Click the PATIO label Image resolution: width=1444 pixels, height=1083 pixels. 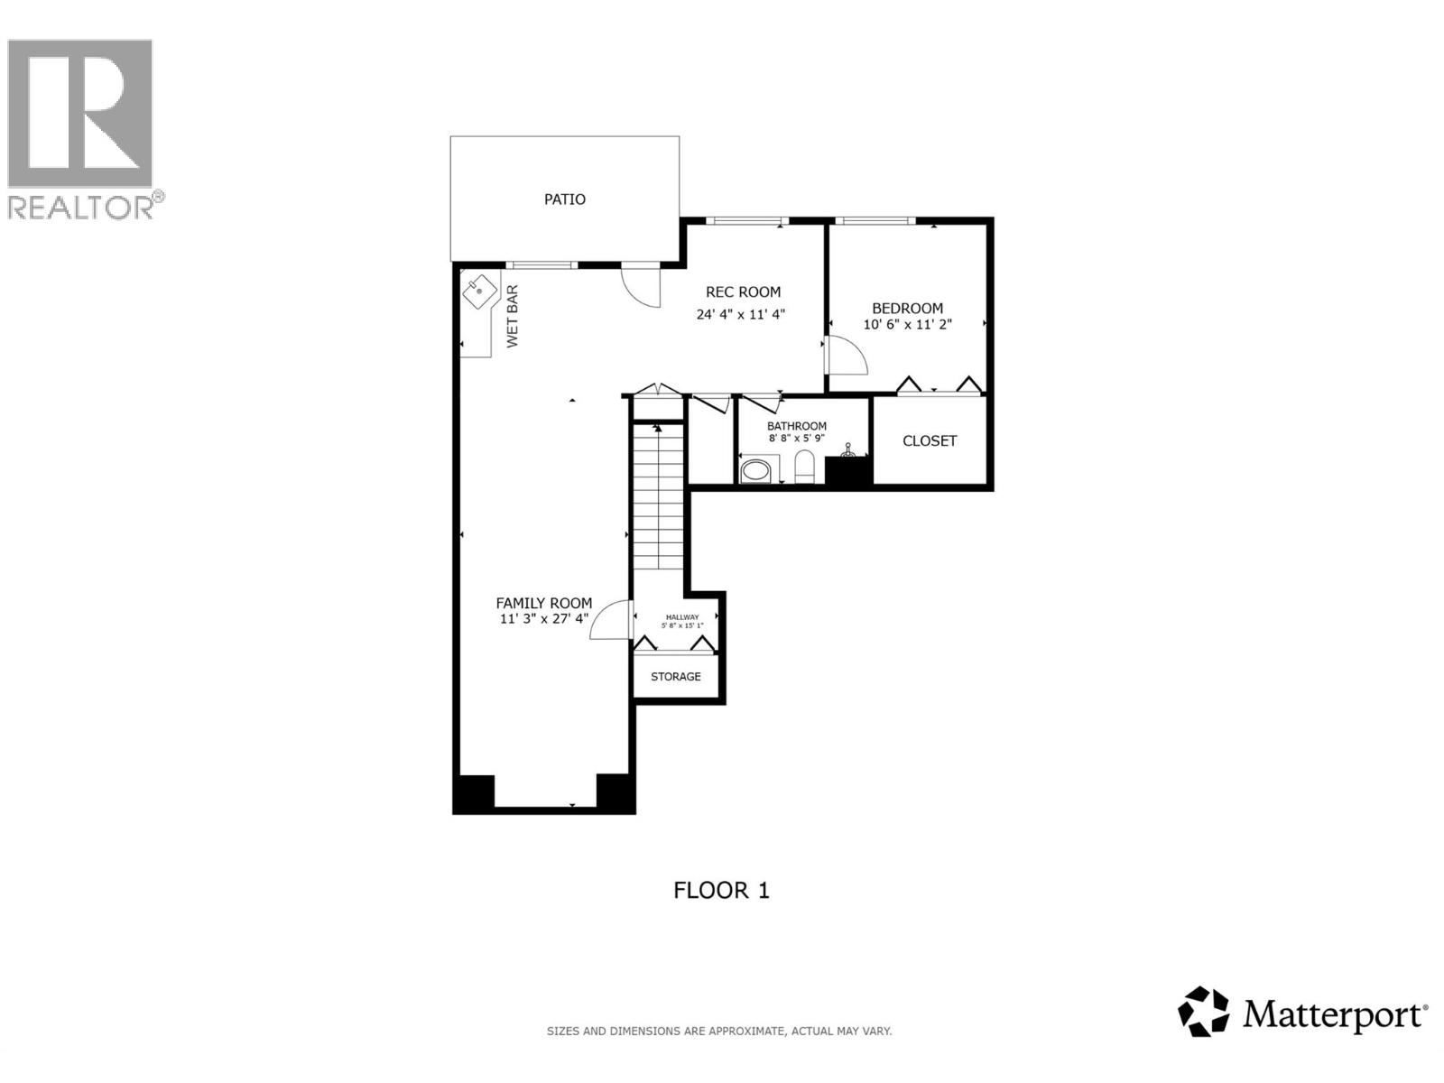click(x=564, y=199)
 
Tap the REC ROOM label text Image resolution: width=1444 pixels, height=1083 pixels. click(x=743, y=292)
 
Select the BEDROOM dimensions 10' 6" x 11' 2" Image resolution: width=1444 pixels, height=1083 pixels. click(x=907, y=324)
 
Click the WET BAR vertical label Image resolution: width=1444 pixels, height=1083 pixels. click(x=513, y=316)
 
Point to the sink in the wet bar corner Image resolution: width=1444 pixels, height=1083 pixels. click(x=479, y=291)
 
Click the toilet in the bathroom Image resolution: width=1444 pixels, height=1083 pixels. click(x=804, y=467)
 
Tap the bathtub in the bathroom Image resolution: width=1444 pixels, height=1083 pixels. click(x=758, y=470)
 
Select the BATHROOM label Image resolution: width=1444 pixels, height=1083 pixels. click(x=797, y=426)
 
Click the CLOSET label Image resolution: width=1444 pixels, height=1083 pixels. click(x=930, y=441)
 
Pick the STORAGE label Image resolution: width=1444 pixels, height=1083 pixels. click(x=675, y=677)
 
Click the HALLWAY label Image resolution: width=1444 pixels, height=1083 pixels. click(x=681, y=617)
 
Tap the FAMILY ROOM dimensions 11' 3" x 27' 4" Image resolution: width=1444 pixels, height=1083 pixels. click(x=544, y=619)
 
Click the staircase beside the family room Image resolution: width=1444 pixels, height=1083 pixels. click(x=658, y=496)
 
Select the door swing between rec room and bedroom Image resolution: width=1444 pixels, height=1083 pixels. click(x=846, y=356)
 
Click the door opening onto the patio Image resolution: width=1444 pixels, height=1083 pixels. click(x=641, y=284)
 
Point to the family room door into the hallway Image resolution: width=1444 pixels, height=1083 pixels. click(x=611, y=621)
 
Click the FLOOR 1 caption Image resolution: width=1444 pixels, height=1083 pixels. click(x=721, y=891)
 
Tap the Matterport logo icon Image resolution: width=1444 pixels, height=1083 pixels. click(x=1204, y=1012)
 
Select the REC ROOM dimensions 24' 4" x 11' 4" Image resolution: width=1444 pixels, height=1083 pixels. click(x=741, y=315)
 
